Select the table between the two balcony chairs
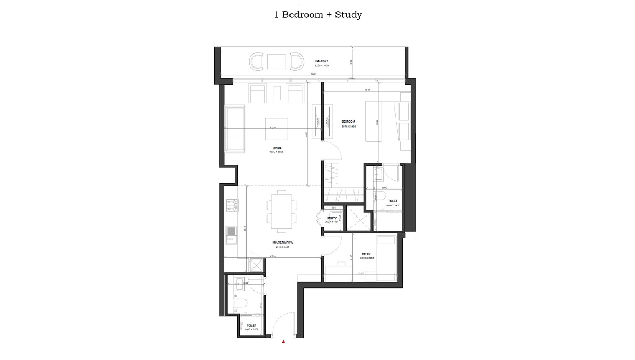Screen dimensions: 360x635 [276, 62]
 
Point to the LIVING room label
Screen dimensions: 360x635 [277, 148]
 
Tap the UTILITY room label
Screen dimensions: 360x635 [332, 218]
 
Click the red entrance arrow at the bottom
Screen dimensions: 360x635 [284, 343]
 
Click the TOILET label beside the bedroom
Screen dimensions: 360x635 [393, 201]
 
